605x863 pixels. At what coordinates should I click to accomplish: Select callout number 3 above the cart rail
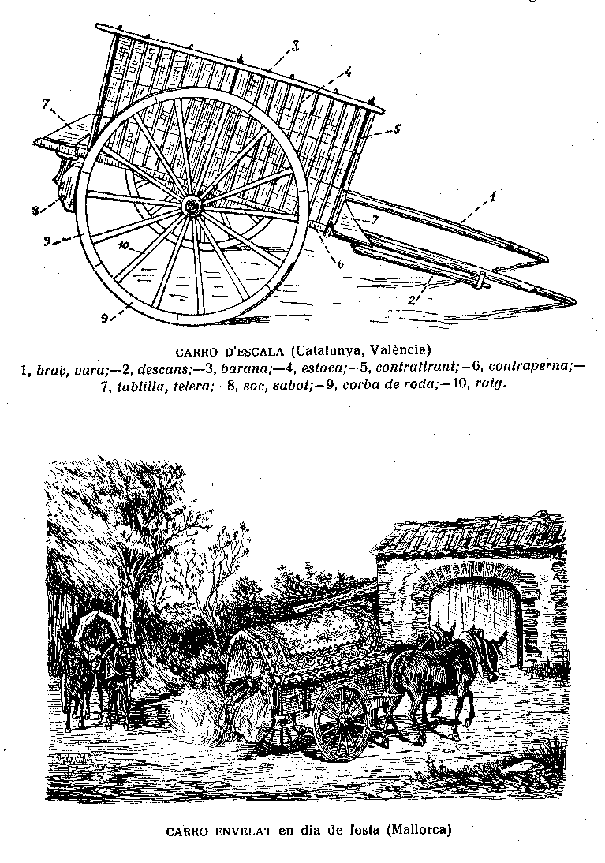tap(295, 47)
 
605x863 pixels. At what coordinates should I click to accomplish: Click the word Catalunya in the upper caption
tap(327, 349)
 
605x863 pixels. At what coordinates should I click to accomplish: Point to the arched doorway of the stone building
tap(472, 623)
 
